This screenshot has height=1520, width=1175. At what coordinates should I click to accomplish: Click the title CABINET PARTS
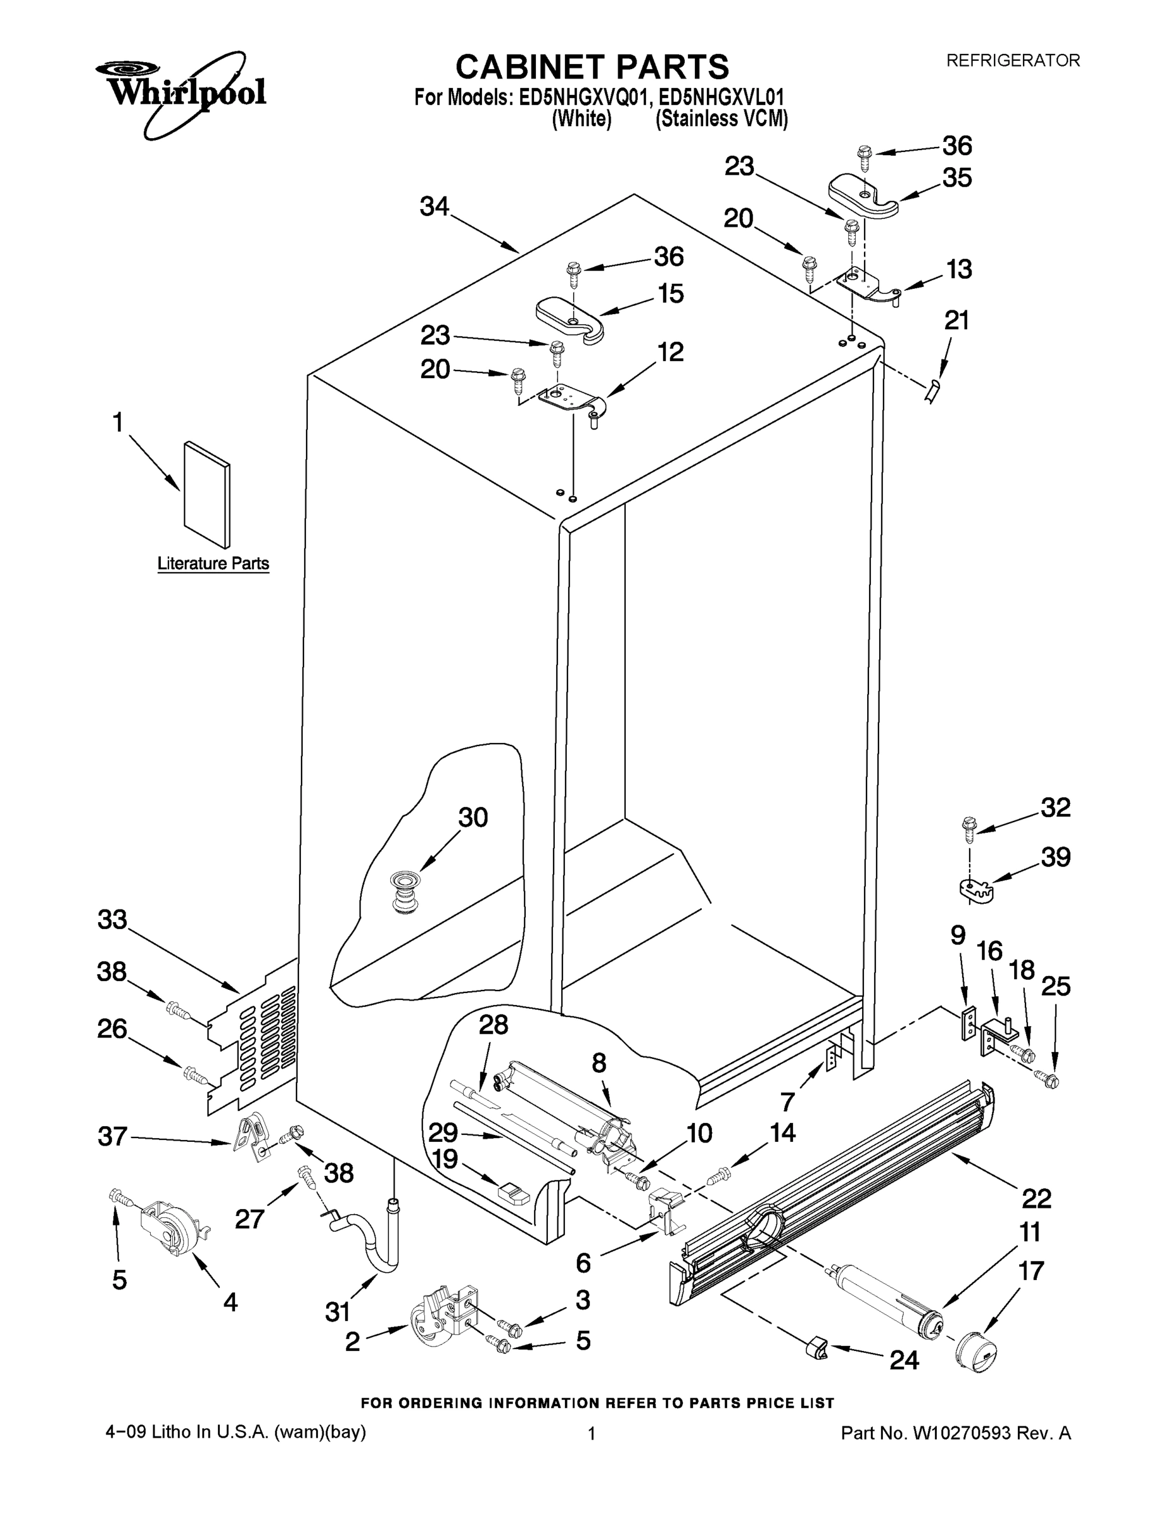pos(592,68)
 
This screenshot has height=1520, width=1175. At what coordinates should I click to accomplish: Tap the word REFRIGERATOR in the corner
pos(1013,61)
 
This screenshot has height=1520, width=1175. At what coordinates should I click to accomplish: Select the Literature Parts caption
pos(213,563)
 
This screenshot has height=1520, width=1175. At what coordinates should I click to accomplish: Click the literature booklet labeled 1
pos(206,493)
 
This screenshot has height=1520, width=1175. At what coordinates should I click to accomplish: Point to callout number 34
pos(435,206)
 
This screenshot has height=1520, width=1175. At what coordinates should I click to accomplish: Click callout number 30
pos(473,817)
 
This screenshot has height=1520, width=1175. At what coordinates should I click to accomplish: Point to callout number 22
pos(1036,1198)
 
